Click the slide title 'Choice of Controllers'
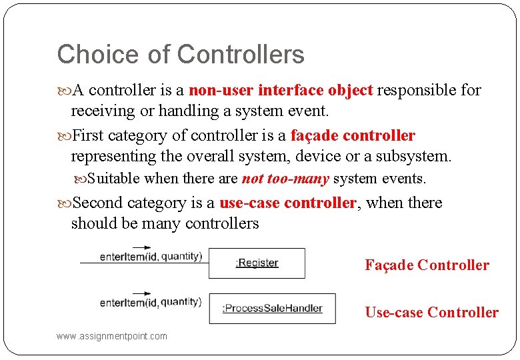[x=181, y=55]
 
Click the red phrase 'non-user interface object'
[x=281, y=90]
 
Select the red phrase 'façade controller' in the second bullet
[x=353, y=136]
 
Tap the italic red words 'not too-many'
[x=285, y=179]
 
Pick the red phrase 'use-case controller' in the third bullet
[x=288, y=203]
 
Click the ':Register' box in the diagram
[x=257, y=263]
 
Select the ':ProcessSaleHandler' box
[x=272, y=308]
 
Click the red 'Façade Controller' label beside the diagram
[x=427, y=265]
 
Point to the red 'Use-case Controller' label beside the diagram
[x=431, y=312]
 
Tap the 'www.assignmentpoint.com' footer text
[x=112, y=336]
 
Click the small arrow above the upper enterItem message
[x=141, y=248]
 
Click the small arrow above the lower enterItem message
[x=141, y=292]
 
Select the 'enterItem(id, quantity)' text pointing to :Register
[x=151, y=257]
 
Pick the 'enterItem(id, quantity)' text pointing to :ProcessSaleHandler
[x=151, y=302]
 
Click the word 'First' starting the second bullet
[x=87, y=136]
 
